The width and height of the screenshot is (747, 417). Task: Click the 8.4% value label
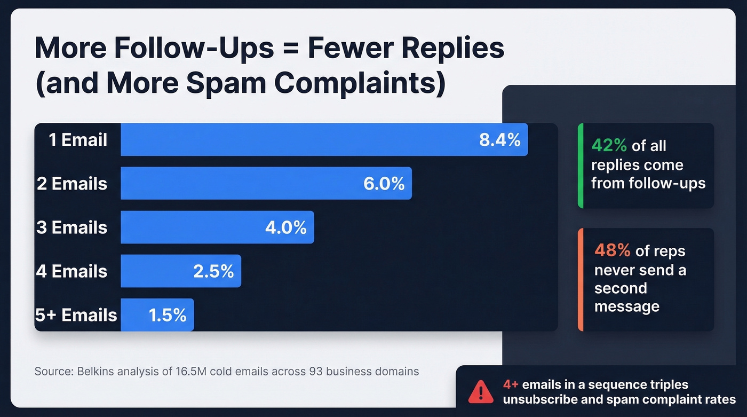pos(499,140)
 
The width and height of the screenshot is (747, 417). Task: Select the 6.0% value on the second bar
pos(384,184)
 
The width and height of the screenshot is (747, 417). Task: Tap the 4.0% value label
pos(286,227)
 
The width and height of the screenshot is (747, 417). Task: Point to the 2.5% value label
pos(213,271)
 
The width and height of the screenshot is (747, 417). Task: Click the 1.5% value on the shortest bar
pos(168,315)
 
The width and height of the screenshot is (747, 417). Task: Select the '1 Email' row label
pos(78,140)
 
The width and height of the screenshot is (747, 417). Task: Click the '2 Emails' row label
pos(72,184)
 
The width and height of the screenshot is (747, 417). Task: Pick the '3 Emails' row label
pos(72,227)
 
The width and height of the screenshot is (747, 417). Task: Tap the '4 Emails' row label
pos(72,271)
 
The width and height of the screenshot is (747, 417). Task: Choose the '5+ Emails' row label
pos(76,315)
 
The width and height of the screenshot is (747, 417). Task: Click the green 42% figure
pos(609,146)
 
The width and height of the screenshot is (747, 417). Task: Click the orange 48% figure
pos(612,251)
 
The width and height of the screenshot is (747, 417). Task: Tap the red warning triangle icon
pos(481,392)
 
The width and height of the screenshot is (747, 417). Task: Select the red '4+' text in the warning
pos(511,385)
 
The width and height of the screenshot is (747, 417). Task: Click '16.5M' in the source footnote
pos(188,371)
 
